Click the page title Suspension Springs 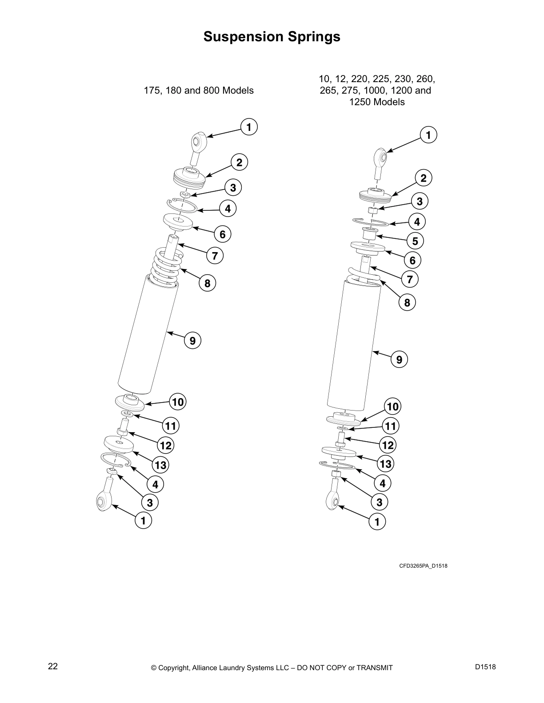click(272, 36)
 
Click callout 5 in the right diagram click(415, 241)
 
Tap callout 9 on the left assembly click(192, 341)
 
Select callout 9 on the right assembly click(399, 359)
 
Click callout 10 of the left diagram click(177, 402)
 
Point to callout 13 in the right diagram click(385, 464)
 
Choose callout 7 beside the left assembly click(215, 256)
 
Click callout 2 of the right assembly click(423, 178)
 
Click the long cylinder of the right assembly click(353, 346)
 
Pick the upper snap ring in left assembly click(182, 206)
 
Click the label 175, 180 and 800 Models click(199, 91)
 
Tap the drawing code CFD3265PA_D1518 click(423, 566)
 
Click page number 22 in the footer click(53, 666)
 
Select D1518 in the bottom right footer click(485, 666)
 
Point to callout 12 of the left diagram click(166, 445)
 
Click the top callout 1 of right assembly click(428, 135)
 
